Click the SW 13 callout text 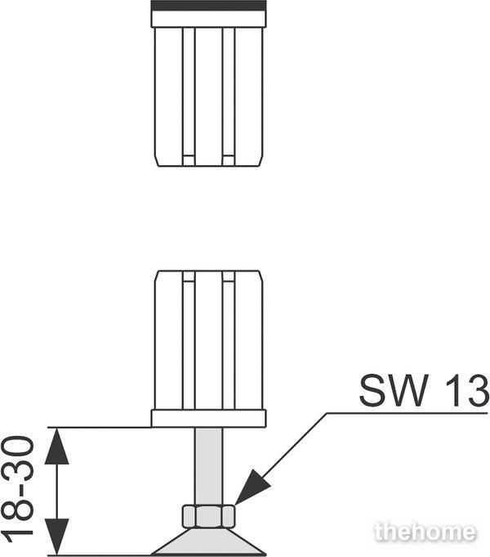point(425,391)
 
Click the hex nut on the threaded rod point(208,516)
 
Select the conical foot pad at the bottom point(208,541)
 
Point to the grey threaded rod point(208,465)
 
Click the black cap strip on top point(208,6)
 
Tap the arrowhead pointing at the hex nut point(252,487)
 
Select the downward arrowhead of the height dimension point(57,537)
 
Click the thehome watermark point(425,532)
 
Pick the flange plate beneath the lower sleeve point(208,419)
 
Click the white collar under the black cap point(208,19)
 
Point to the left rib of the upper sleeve point(189,97)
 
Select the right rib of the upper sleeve point(229,97)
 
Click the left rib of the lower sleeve point(189,340)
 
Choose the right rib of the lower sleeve point(229,340)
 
